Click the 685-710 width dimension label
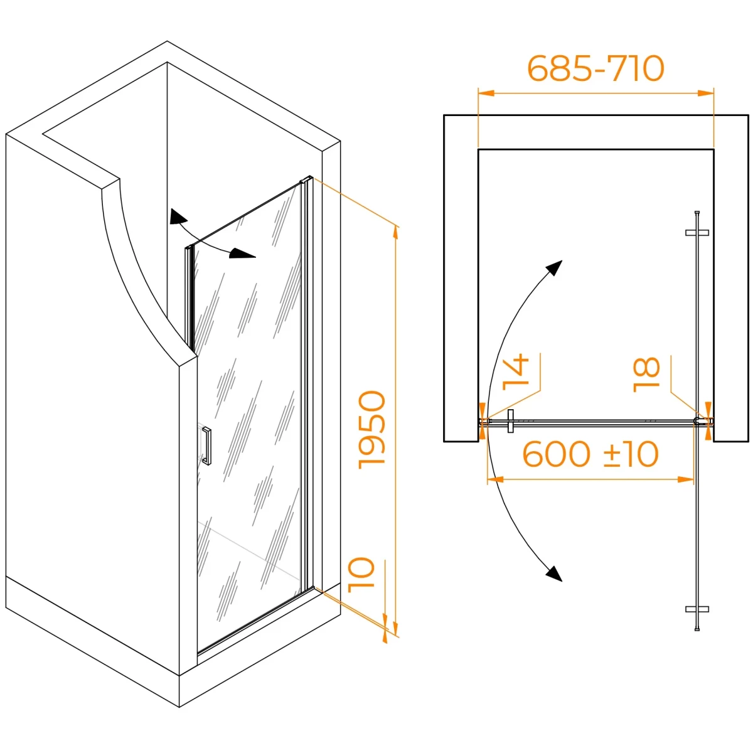(595, 68)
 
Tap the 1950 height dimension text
(371, 429)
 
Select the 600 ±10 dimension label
(590, 454)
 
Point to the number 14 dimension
(515, 372)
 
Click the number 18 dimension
(646, 375)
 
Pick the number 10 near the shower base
(361, 580)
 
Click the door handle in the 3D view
(206, 446)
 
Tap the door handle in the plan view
(510, 421)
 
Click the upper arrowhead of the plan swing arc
(553, 268)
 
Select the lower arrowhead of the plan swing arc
(553, 574)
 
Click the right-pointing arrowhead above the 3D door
(242, 254)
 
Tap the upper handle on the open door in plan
(697, 233)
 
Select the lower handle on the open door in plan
(697, 609)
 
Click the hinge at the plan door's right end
(698, 421)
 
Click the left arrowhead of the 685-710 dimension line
(486, 93)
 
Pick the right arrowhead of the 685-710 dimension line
(706, 93)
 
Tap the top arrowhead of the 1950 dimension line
(396, 233)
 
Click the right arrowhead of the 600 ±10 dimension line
(686, 479)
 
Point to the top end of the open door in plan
(697, 213)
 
